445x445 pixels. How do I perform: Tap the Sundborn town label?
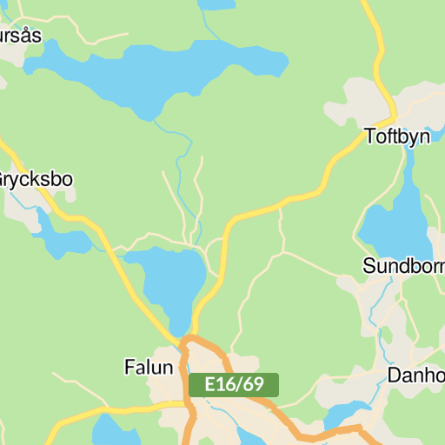pos(404,265)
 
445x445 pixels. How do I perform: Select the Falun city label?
pos(149,367)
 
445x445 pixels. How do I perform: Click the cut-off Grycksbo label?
pos(36,180)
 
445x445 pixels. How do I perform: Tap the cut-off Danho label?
pos(415,375)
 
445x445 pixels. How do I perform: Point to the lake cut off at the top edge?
pos(216,3)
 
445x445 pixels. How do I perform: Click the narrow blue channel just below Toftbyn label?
pos(408,165)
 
